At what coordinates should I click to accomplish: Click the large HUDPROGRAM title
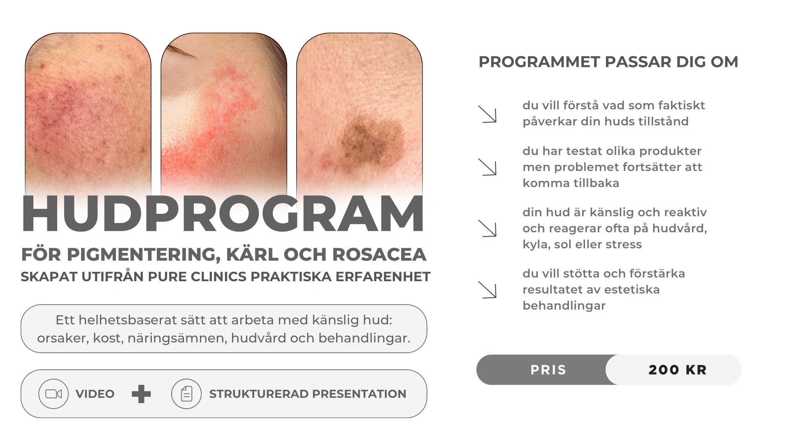[x=223, y=214]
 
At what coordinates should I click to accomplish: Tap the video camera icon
[x=53, y=394]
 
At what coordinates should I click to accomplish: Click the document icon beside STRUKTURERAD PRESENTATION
[x=186, y=394]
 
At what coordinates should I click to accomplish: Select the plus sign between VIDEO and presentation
[x=141, y=394]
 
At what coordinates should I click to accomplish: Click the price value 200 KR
[x=678, y=370]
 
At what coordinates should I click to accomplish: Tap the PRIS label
[x=548, y=370]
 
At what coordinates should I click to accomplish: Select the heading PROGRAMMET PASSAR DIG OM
[x=609, y=62]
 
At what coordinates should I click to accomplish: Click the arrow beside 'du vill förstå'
[x=488, y=114]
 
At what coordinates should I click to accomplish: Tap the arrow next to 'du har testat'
[x=488, y=167]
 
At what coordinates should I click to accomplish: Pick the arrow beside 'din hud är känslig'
[x=488, y=228]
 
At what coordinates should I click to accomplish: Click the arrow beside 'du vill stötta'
[x=488, y=289]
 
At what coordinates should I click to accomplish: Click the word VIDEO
[x=95, y=394]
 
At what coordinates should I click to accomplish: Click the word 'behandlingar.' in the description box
[x=365, y=338]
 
